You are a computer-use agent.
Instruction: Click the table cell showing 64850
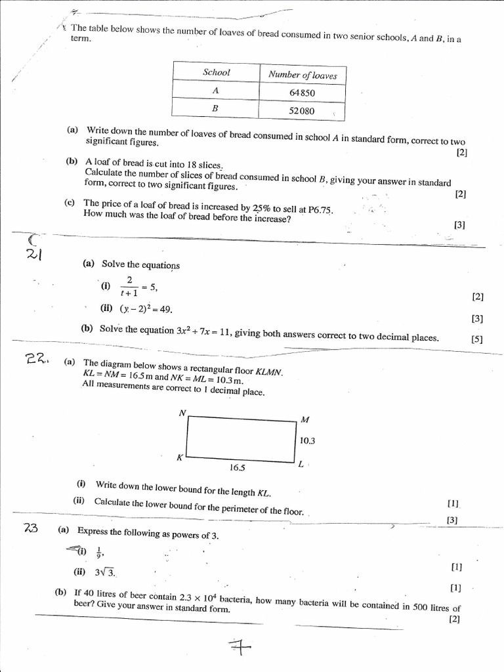[302, 93]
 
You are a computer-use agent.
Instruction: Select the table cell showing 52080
[302, 111]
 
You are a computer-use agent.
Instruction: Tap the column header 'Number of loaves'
[303, 75]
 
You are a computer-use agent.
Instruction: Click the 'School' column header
[217, 72]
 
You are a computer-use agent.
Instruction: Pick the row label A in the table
[215, 91]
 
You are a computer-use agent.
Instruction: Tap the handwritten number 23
[31, 529]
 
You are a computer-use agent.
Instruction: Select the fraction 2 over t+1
[129, 286]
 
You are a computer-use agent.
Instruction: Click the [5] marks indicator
[476, 339]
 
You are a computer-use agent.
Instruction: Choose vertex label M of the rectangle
[304, 419]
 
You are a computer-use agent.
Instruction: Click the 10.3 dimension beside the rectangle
[307, 441]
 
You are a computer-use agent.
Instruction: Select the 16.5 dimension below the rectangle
[237, 468]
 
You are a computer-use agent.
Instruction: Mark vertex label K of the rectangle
[179, 458]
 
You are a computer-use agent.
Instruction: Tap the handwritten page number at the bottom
[240, 648]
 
